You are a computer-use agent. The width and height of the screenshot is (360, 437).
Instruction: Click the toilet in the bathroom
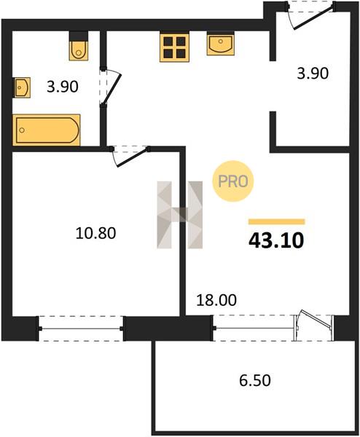click(x=79, y=47)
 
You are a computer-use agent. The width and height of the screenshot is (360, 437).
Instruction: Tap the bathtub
click(x=47, y=130)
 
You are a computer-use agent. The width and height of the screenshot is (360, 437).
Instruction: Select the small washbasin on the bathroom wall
click(x=22, y=87)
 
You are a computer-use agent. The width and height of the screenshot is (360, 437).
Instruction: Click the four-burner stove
click(x=175, y=47)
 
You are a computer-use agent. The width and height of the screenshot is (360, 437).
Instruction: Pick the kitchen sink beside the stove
click(x=221, y=43)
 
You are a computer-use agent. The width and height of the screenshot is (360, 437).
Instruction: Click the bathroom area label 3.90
click(x=63, y=87)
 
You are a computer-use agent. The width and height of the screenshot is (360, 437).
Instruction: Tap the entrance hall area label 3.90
click(x=313, y=74)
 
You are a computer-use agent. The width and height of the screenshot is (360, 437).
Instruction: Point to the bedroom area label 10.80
click(x=95, y=233)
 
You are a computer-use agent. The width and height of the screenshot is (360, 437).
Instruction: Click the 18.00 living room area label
click(x=216, y=300)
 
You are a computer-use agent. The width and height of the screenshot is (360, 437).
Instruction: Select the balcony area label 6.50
click(x=255, y=380)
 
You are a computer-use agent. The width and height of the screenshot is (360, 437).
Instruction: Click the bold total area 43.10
click(x=276, y=240)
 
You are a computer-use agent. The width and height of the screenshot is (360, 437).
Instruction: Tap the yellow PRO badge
click(x=233, y=181)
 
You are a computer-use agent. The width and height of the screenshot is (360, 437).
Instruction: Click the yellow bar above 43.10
click(x=277, y=222)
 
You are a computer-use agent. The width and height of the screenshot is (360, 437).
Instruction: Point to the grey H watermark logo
click(x=180, y=215)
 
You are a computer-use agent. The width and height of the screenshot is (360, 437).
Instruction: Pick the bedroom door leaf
click(x=132, y=158)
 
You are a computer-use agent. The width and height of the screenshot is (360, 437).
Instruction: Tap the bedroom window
click(x=81, y=328)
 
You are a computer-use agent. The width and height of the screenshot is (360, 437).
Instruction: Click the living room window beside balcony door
click(x=254, y=328)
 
